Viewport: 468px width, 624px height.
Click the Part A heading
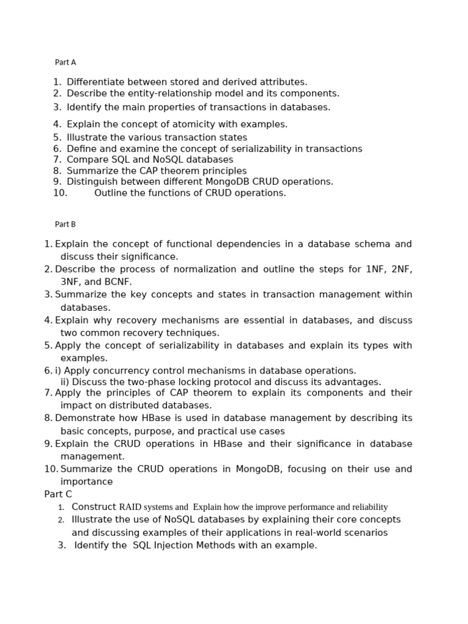pyautogui.click(x=65, y=62)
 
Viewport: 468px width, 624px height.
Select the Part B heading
pyautogui.click(x=65, y=224)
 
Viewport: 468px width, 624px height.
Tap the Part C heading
pyautogui.click(x=58, y=494)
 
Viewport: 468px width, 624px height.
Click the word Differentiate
pyautogui.click(x=94, y=82)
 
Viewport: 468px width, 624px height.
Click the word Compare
pyautogui.click(x=86, y=160)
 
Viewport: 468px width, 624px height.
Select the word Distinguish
pyautogui.click(x=90, y=182)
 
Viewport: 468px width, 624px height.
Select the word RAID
pyautogui.click(x=130, y=507)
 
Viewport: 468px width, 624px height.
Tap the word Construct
pyautogui.click(x=93, y=507)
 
